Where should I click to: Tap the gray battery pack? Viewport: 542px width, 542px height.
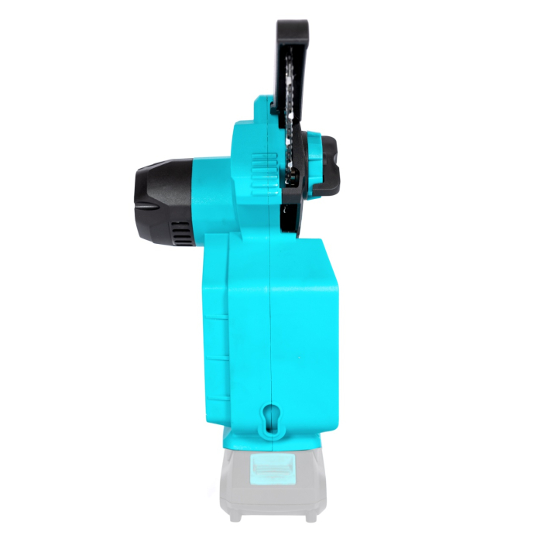(267, 488)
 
